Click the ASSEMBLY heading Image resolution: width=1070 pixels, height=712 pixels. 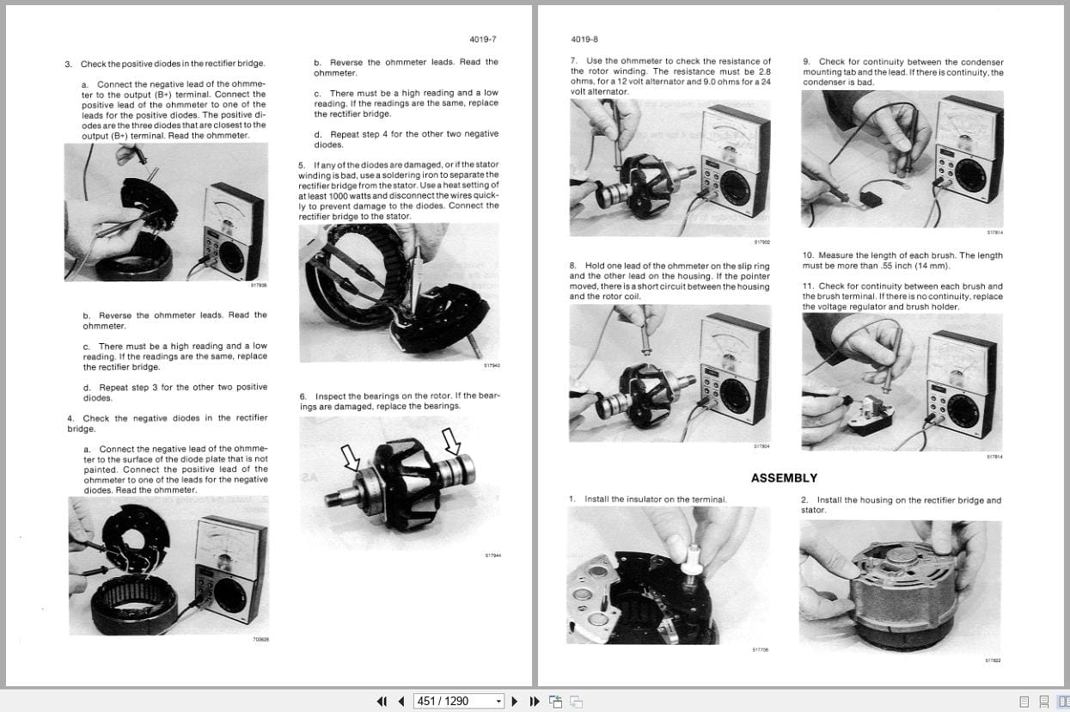tap(784, 478)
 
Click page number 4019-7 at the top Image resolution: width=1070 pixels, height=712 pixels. tap(483, 40)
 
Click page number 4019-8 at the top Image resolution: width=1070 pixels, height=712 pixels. tap(584, 40)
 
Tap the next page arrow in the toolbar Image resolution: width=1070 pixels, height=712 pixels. tap(515, 701)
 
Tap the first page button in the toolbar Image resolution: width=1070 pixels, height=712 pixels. tap(382, 701)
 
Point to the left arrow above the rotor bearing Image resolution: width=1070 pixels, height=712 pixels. tap(351, 457)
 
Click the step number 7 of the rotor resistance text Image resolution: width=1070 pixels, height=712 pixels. tap(573, 61)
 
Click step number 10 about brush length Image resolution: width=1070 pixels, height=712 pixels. tap(808, 255)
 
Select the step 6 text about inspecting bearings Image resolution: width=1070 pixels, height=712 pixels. tap(400, 401)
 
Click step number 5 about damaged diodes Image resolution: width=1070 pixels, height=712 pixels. tap(302, 164)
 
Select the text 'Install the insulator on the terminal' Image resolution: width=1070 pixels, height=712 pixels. tap(655, 499)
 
